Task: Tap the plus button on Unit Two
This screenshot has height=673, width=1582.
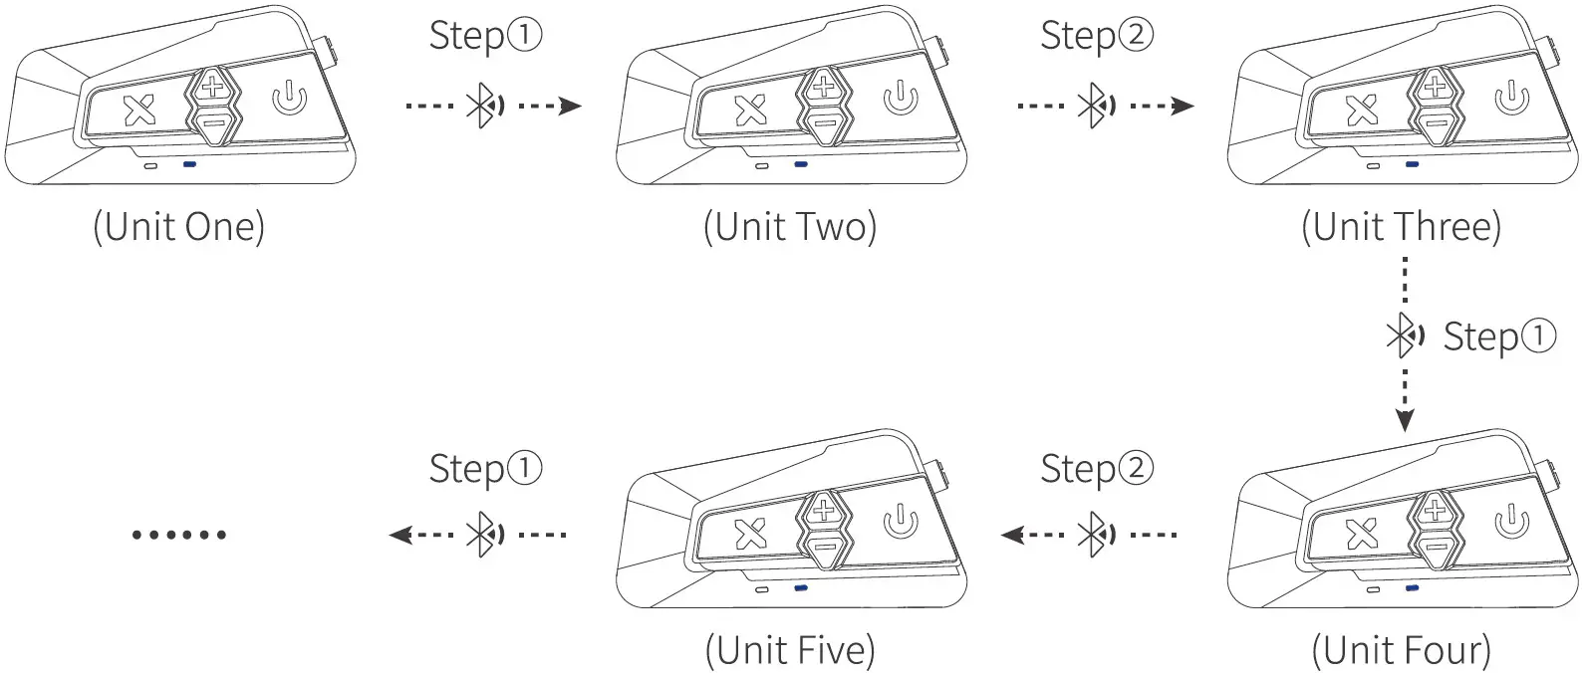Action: click(823, 87)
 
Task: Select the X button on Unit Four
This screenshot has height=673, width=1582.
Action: click(1362, 536)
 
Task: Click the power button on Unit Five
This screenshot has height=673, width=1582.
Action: click(900, 522)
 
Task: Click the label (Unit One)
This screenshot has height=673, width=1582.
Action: click(179, 227)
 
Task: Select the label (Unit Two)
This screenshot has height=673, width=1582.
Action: click(790, 227)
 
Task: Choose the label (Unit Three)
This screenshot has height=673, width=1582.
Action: click(1401, 227)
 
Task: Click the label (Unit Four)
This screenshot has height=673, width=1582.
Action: click(1401, 651)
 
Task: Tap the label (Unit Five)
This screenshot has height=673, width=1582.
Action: click(790, 651)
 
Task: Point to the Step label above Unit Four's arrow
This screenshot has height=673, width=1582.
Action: click(1499, 336)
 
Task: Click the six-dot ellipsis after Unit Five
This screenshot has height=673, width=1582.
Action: click(179, 535)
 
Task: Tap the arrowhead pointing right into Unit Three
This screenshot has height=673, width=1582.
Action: click(1183, 106)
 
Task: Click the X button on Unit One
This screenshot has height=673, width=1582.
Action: click(139, 111)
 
